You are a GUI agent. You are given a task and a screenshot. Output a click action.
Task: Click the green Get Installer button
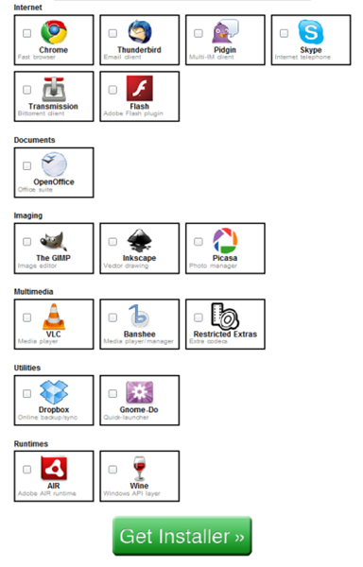pyautogui.click(x=181, y=535)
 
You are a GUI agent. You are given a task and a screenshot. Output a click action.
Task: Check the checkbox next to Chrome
pyautogui.click(x=27, y=33)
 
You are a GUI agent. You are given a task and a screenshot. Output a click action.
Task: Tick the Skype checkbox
pyautogui.click(x=284, y=33)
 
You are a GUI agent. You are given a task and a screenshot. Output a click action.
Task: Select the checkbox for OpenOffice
pyautogui.click(x=27, y=165)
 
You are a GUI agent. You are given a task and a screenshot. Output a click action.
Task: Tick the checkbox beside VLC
pyautogui.click(x=27, y=318)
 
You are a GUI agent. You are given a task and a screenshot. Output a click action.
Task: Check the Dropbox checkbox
pyautogui.click(x=27, y=393)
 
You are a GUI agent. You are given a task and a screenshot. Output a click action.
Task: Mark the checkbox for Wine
pyautogui.click(x=112, y=469)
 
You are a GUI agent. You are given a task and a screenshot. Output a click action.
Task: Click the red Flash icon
pyautogui.click(x=140, y=88)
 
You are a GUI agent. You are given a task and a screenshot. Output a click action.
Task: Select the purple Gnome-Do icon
pyautogui.click(x=140, y=391)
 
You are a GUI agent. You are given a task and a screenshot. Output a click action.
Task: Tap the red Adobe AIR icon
pyautogui.click(x=54, y=467)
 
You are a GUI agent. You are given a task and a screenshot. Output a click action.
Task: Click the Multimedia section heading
pyautogui.click(x=33, y=292)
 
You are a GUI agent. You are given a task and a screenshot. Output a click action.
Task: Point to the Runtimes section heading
pyautogui.click(x=31, y=443)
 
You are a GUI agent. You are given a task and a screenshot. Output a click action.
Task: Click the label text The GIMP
pyautogui.click(x=54, y=258)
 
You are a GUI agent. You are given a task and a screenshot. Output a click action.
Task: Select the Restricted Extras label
pyautogui.click(x=225, y=334)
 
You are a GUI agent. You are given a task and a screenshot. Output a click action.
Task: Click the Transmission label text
pyautogui.click(x=54, y=107)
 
